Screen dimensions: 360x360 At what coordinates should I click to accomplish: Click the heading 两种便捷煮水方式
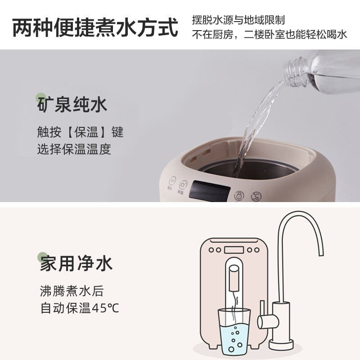tap(95, 27)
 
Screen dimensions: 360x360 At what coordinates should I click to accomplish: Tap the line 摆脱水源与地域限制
tap(238, 20)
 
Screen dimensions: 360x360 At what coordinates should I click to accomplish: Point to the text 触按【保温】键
tap(80, 132)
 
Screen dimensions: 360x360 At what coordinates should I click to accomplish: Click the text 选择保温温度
tap(74, 149)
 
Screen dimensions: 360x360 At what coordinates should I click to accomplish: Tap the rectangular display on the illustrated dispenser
tap(234, 250)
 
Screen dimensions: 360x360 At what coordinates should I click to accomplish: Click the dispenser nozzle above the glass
tap(234, 279)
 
